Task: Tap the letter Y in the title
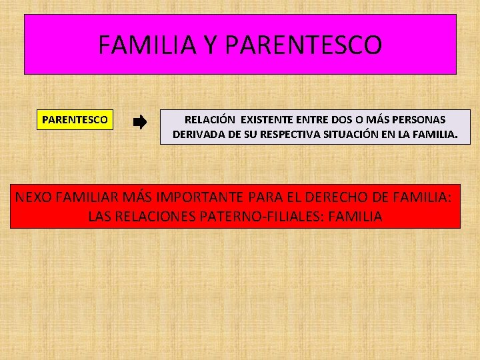tap(210, 45)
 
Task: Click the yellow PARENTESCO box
tap(75, 120)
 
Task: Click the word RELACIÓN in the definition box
tap(209, 119)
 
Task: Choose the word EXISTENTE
tap(267, 119)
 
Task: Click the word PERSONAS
tap(418, 119)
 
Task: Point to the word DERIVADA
tap(199, 134)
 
